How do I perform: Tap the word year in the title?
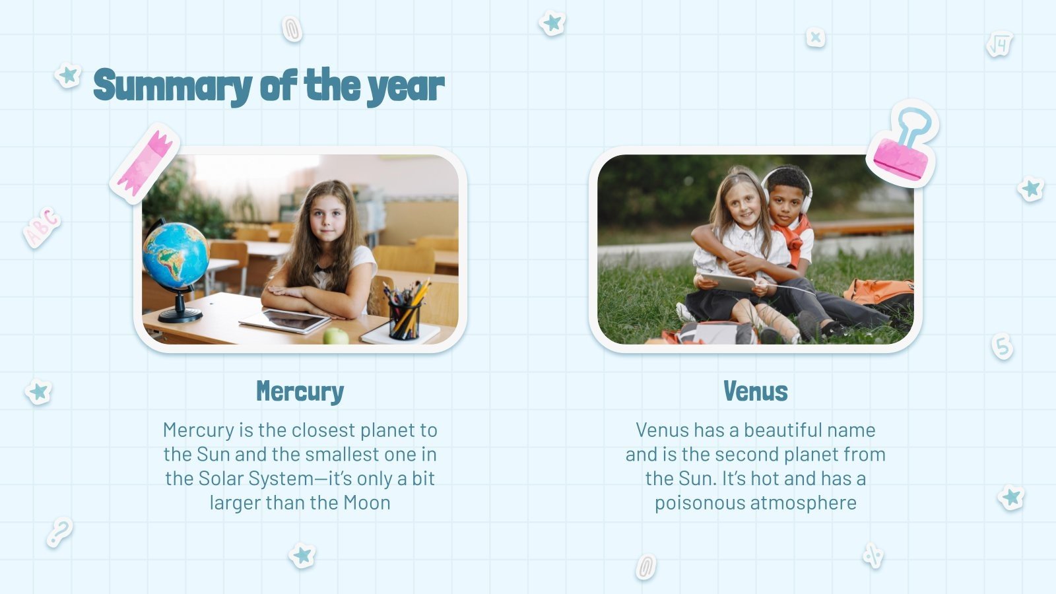pos(406,87)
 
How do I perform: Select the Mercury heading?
pos(300,391)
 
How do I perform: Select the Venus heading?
pos(756,391)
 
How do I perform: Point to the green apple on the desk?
pos(335,336)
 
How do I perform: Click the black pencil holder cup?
pos(404,321)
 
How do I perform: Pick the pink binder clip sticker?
pos(903,148)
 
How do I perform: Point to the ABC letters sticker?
pos(42,226)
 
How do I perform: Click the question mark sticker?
pos(59,532)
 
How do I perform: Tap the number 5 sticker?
pos(1003,346)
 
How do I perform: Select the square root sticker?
pos(999,44)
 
